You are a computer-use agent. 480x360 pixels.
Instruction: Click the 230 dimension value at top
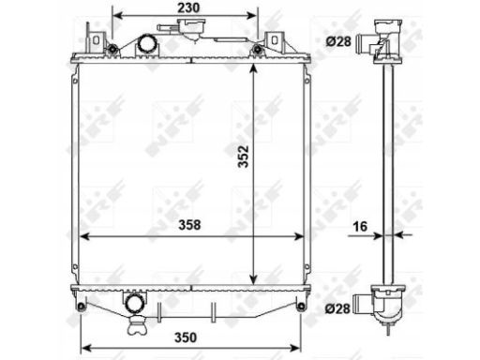tap(188, 7)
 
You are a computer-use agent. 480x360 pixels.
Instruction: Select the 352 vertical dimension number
tap(243, 157)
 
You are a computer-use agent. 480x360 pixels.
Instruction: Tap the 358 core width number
tap(189, 225)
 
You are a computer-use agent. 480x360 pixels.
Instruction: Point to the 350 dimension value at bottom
tap(186, 337)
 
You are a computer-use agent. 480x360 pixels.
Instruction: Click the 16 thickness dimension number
tap(360, 227)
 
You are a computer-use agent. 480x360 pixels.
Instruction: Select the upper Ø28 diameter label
tap(338, 41)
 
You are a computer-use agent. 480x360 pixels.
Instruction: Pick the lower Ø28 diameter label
tap(337, 308)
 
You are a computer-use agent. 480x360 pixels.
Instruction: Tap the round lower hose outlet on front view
tap(135, 303)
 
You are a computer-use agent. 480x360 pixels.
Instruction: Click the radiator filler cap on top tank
tap(191, 25)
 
